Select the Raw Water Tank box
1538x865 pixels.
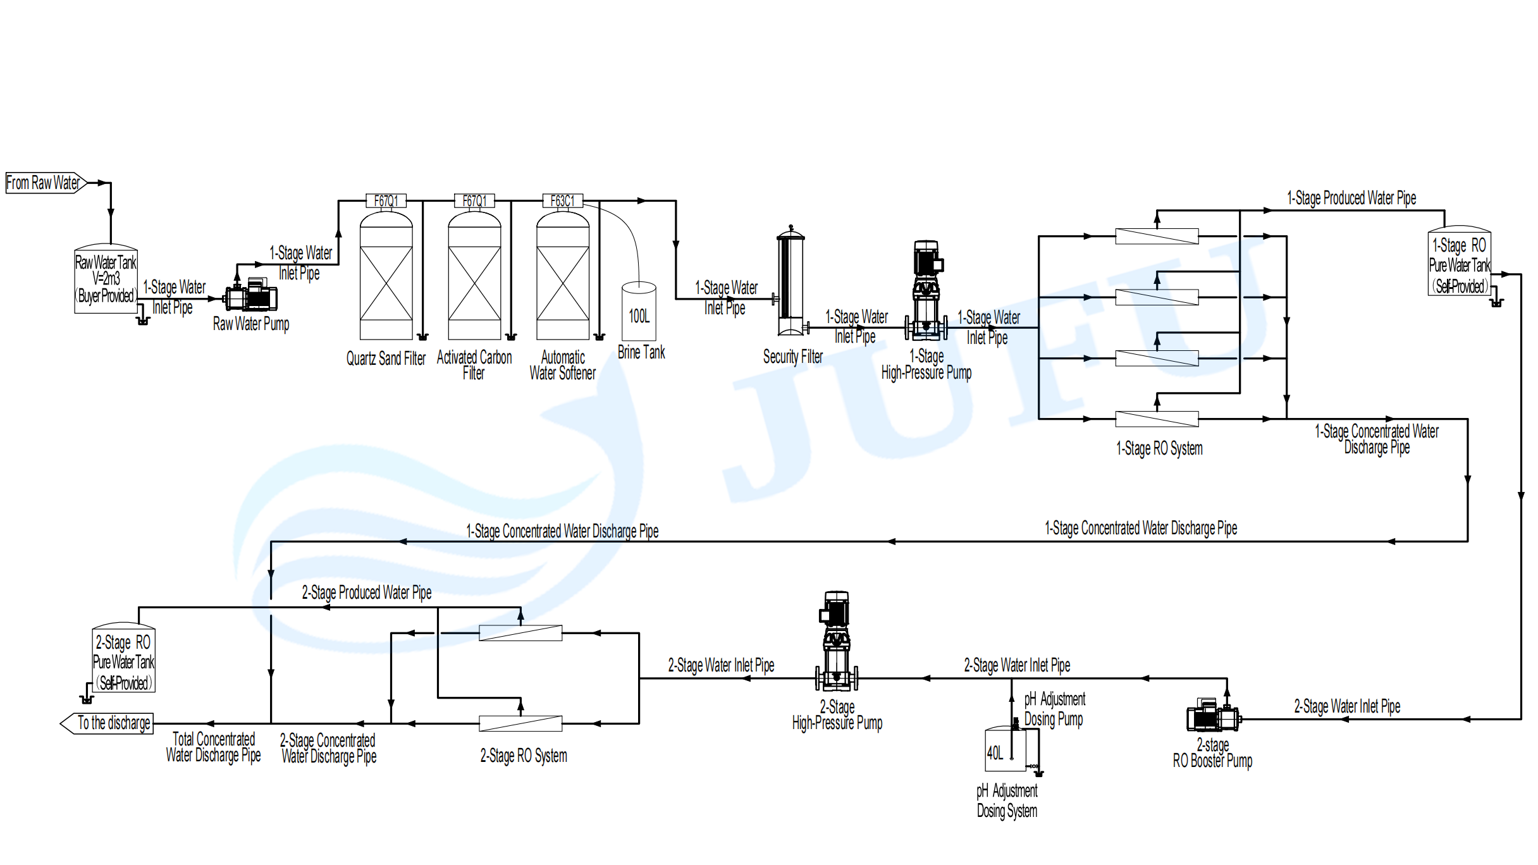click(106, 279)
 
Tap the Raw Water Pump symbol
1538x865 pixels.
click(252, 295)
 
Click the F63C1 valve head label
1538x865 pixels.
click(563, 201)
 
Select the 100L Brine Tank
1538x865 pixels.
click(639, 312)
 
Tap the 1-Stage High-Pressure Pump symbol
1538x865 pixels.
click(926, 291)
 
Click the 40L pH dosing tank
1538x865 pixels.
click(1006, 750)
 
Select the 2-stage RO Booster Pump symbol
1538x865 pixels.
click(1212, 716)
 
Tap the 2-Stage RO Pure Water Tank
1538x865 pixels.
click(123, 660)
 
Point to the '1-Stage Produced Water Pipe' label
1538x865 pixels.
click(1351, 199)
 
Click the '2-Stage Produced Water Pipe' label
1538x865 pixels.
click(367, 592)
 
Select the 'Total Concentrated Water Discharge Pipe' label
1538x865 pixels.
click(214, 747)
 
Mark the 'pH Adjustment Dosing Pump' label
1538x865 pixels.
click(1054, 709)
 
